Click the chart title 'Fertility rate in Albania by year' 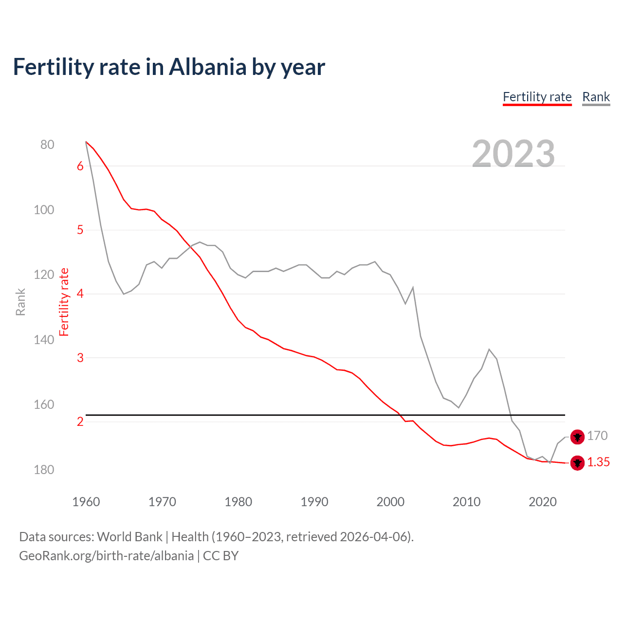coord(168,67)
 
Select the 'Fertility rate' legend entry coord(537,97)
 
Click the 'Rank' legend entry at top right coord(596,97)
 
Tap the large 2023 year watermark coord(513,154)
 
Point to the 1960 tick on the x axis coord(86,502)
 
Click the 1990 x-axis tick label coord(314,502)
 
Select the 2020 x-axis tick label coord(542,502)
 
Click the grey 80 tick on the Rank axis coord(47,145)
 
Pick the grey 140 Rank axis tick coord(44,340)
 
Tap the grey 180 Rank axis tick coord(44,470)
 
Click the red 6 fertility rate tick coord(80,166)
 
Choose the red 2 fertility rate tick coord(80,421)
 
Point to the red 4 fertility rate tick coord(80,294)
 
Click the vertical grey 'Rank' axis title coord(20,302)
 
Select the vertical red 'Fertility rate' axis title coord(64,302)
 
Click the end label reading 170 coord(597,436)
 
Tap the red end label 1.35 coord(598,462)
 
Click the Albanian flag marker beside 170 coord(577,437)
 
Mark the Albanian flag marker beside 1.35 coord(577,463)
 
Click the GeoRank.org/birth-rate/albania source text coord(106,556)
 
